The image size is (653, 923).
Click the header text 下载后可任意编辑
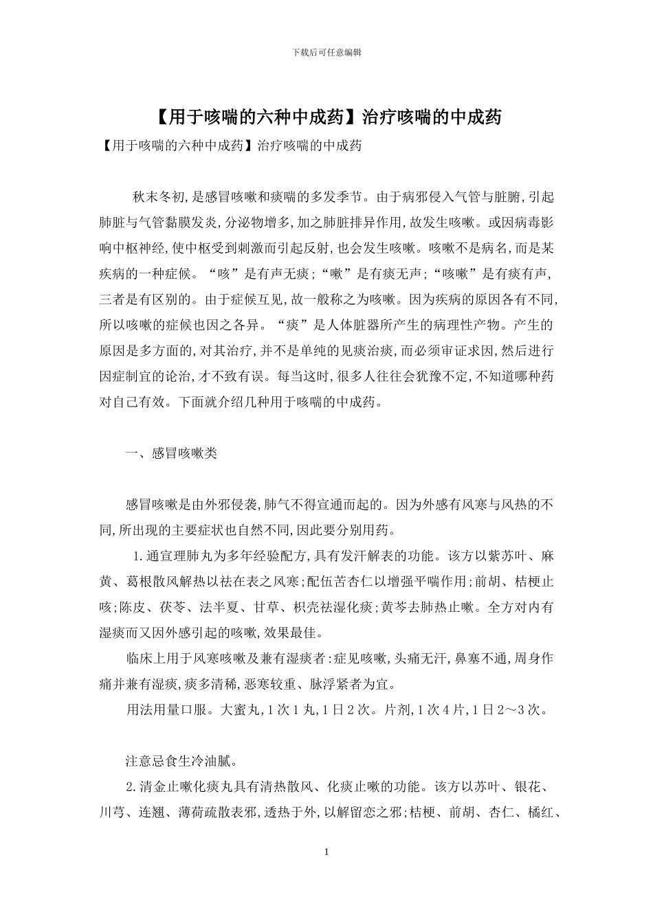tap(326, 52)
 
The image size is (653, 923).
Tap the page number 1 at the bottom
tap(326, 852)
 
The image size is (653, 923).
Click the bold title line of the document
tap(326, 117)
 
